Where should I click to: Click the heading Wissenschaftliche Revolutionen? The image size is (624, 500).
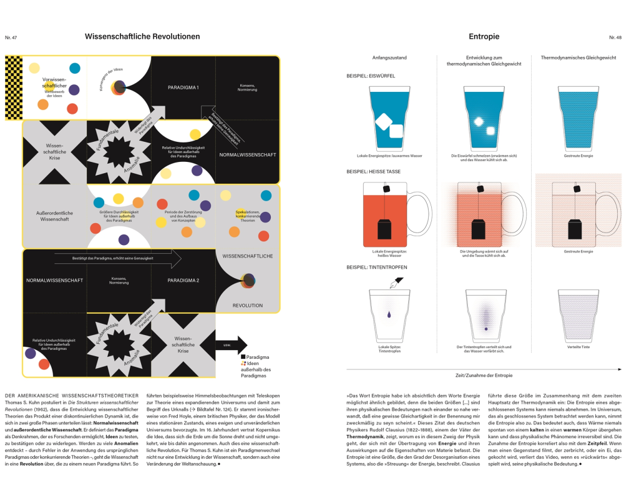pyautogui.click(x=142, y=36)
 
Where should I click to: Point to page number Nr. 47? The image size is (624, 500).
pyautogui.click(x=11, y=37)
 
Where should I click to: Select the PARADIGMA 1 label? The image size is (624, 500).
pyautogui.click(x=183, y=87)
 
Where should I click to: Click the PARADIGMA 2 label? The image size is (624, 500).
pyautogui.click(x=183, y=280)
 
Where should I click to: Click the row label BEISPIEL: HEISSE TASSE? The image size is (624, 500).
pyautogui.click(x=373, y=171)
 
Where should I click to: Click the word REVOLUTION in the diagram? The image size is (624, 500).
pyautogui.click(x=248, y=306)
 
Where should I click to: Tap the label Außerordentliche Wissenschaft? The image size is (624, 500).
pyautogui.click(x=54, y=216)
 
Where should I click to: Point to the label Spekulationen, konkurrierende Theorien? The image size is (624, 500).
pyautogui.click(x=246, y=216)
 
